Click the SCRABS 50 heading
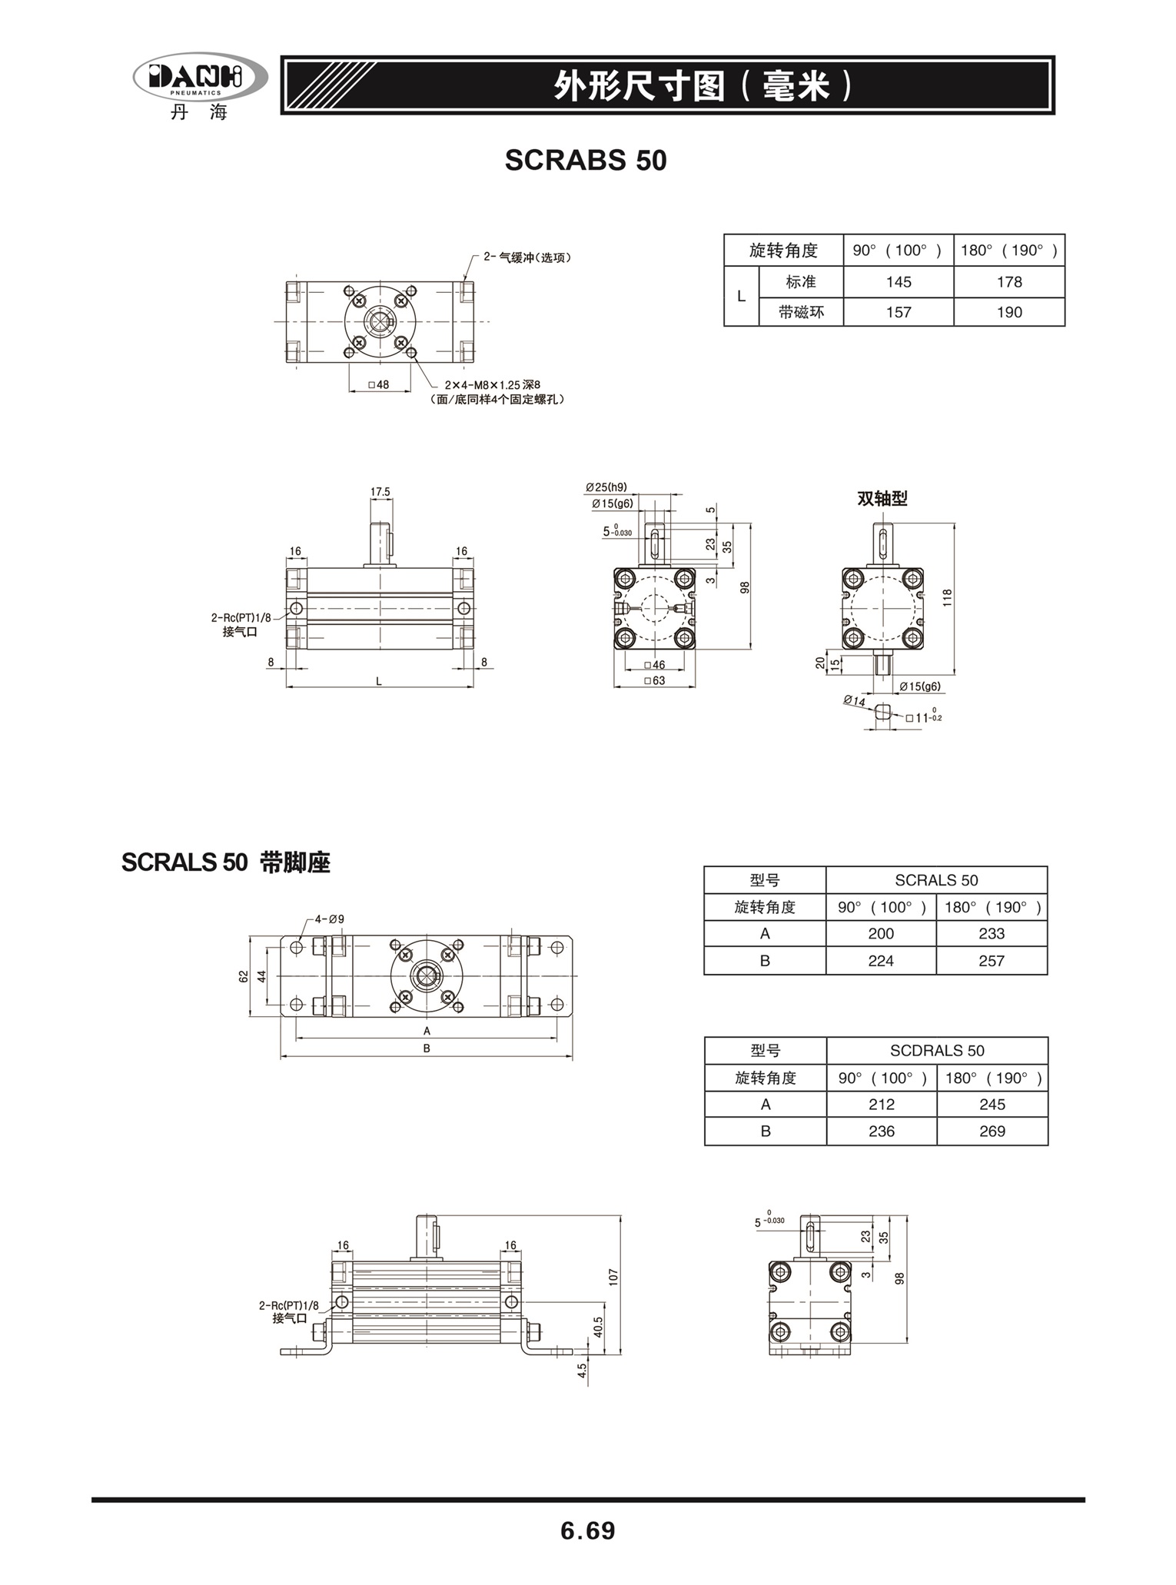click(586, 160)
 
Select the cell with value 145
click(899, 282)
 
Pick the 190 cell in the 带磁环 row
click(1009, 312)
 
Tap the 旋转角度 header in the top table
click(783, 251)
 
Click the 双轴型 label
click(882, 498)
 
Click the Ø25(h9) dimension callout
click(606, 487)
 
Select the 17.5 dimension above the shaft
click(380, 491)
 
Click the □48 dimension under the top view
click(379, 384)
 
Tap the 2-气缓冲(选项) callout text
click(527, 258)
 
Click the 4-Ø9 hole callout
click(330, 919)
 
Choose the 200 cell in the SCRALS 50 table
click(881, 933)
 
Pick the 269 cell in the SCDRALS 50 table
click(992, 1131)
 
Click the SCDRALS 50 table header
click(937, 1050)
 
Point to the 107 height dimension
click(613, 1277)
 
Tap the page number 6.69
click(588, 1530)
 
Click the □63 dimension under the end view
click(655, 680)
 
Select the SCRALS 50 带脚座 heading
click(226, 862)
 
